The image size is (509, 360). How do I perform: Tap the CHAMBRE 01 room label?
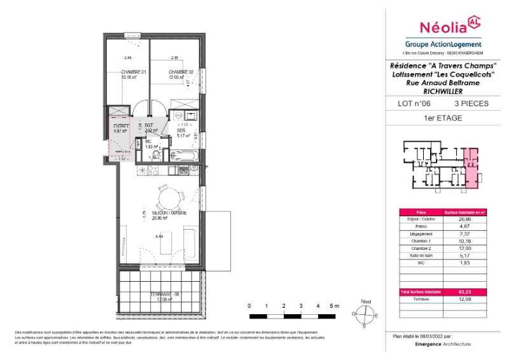click(x=134, y=72)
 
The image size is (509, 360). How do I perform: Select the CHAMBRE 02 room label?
click(x=181, y=72)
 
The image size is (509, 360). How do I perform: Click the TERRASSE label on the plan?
click(x=164, y=294)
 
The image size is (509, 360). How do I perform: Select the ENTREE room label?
click(x=122, y=127)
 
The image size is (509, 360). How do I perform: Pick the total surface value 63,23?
click(x=464, y=292)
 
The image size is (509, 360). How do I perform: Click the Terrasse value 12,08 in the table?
click(x=464, y=298)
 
